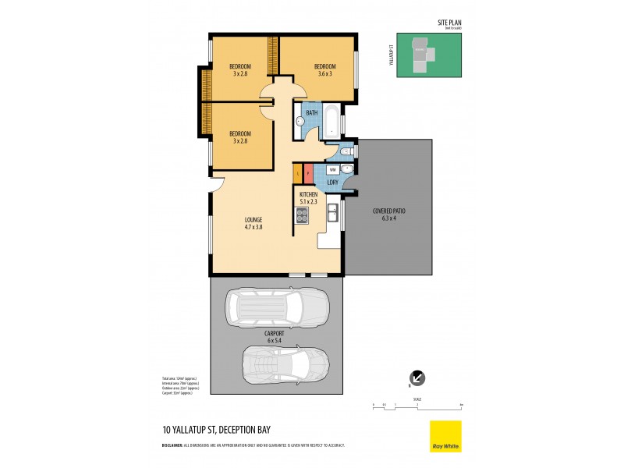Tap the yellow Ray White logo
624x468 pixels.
click(x=445, y=435)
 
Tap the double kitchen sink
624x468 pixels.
click(x=332, y=211)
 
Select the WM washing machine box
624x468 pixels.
click(x=331, y=169)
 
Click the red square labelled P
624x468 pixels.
click(x=308, y=172)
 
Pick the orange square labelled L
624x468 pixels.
click(x=297, y=172)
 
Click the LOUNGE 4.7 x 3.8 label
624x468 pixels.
click(x=252, y=223)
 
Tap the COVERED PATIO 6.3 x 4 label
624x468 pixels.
click(x=388, y=214)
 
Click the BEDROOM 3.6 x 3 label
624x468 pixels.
click(x=324, y=70)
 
